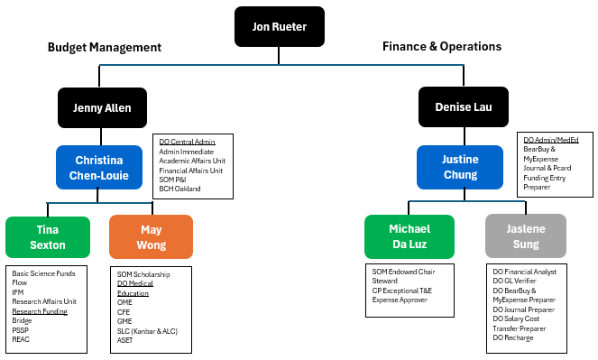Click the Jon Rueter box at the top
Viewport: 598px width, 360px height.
(x=279, y=27)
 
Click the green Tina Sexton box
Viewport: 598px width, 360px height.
(x=47, y=236)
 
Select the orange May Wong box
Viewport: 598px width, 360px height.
(x=151, y=236)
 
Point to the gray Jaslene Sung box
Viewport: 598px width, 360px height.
(x=525, y=236)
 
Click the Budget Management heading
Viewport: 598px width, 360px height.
(x=105, y=48)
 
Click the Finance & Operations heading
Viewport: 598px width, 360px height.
(x=442, y=47)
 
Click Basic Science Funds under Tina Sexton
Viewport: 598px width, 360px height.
(x=42, y=272)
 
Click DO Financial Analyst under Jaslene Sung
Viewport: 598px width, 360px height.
(x=525, y=271)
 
